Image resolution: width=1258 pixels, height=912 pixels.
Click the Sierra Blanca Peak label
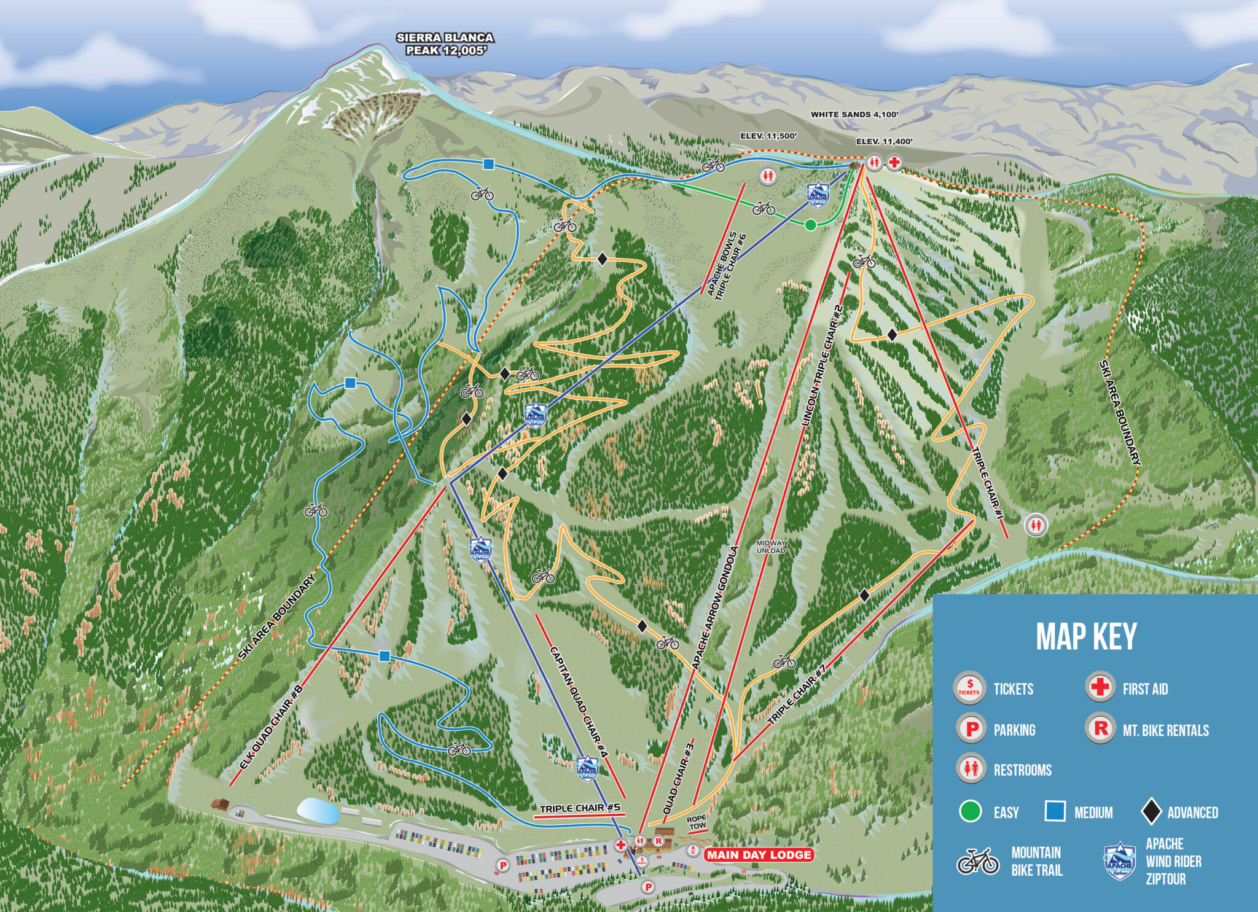pyautogui.click(x=445, y=44)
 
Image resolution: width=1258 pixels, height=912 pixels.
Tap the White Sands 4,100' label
pyautogui.click(x=854, y=114)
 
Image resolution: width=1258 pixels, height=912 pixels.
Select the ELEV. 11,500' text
pyautogui.click(x=768, y=136)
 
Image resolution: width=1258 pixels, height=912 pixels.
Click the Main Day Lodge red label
pyautogui.click(x=759, y=855)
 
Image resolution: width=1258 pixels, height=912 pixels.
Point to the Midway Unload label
pyautogui.click(x=770, y=547)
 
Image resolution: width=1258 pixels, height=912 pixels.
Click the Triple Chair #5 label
pyautogui.click(x=580, y=808)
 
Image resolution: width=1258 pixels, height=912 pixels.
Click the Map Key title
pyautogui.click(x=1086, y=637)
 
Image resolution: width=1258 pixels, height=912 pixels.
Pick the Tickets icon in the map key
pyautogui.click(x=969, y=688)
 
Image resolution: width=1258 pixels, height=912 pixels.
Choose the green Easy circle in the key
pyautogui.click(x=971, y=811)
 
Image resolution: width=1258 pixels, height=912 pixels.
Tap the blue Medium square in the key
pyautogui.click(x=1055, y=811)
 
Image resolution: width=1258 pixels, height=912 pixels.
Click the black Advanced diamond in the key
pyautogui.click(x=1151, y=812)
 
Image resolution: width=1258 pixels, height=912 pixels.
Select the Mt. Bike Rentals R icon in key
pyautogui.click(x=1100, y=728)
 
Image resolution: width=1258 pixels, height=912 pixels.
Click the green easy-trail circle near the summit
pyautogui.click(x=810, y=225)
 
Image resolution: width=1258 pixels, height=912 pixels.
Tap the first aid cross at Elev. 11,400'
pyautogui.click(x=895, y=162)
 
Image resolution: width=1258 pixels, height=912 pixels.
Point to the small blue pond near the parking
pyautogui.click(x=318, y=811)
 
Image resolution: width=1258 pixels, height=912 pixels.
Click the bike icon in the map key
pyautogui.click(x=978, y=861)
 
